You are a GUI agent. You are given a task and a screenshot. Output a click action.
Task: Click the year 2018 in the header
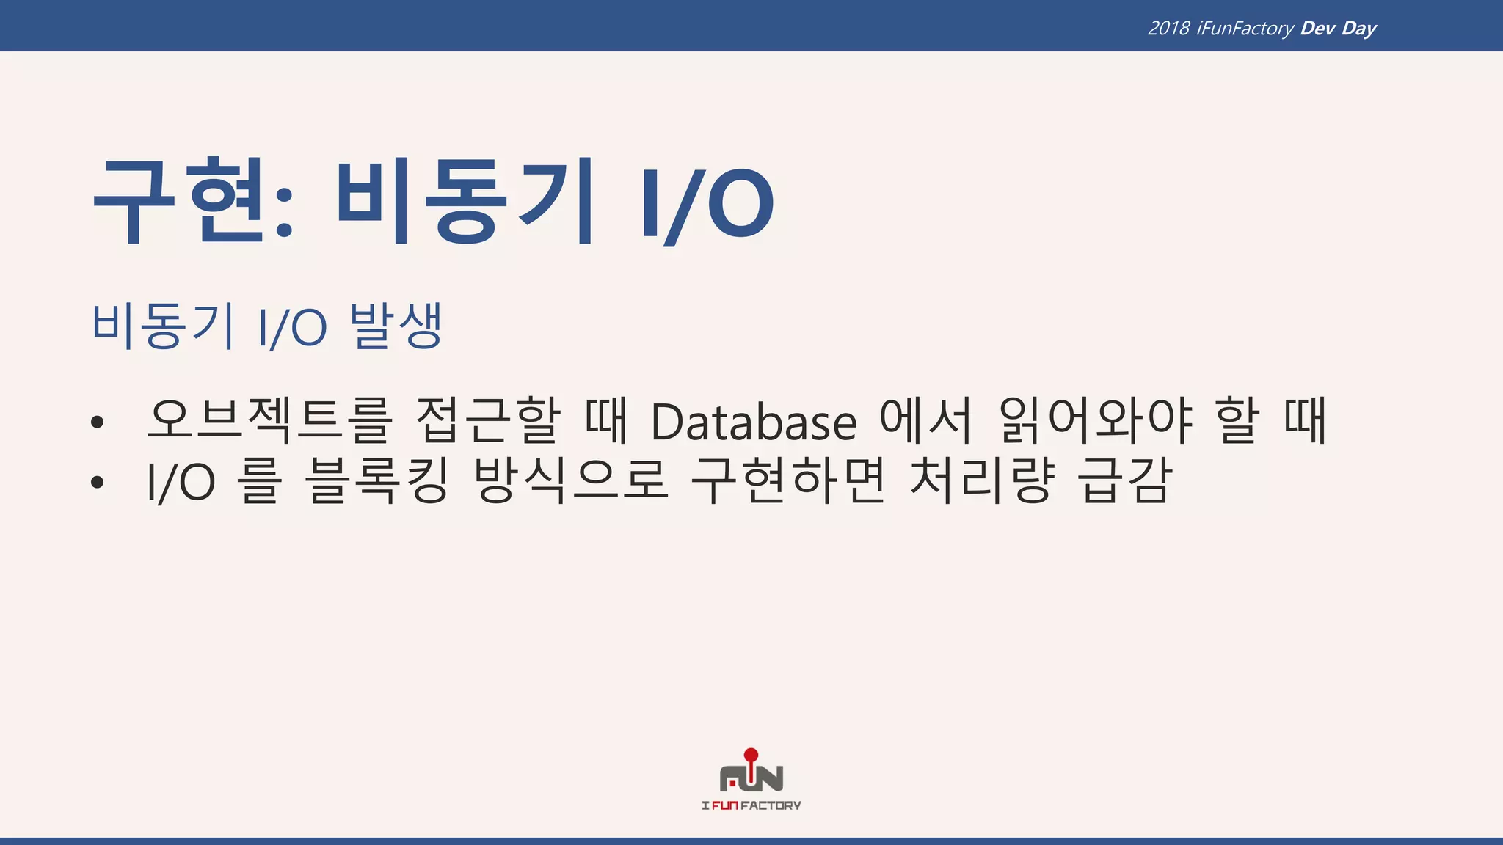[x=1168, y=29]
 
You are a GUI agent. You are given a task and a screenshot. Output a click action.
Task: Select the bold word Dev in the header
[x=1317, y=29]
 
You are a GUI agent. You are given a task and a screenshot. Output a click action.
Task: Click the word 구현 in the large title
[x=187, y=202]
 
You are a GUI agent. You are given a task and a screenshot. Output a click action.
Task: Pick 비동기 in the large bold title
[x=465, y=202]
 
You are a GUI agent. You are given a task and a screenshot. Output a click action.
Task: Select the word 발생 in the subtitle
[x=396, y=326]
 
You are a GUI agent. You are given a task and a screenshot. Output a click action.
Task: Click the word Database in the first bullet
[x=754, y=422]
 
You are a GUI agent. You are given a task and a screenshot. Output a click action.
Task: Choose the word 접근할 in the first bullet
[x=489, y=421]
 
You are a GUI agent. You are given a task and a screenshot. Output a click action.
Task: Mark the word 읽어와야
[x=1095, y=421]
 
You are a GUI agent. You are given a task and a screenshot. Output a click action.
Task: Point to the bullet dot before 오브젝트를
[x=98, y=422]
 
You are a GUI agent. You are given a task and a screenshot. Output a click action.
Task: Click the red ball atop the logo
[x=751, y=755]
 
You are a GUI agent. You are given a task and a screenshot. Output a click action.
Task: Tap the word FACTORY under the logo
[x=771, y=805]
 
